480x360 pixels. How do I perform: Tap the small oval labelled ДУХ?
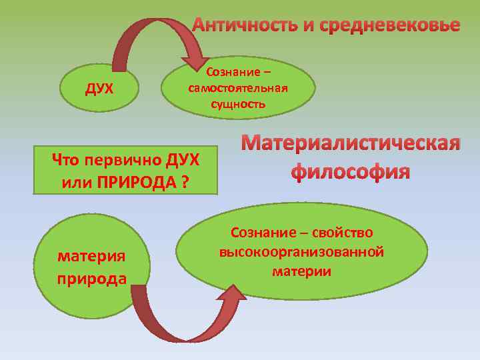click(99, 89)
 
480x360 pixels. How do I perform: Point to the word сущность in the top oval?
click(238, 103)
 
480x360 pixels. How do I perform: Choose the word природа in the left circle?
click(92, 277)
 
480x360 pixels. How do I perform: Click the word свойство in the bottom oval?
click(341, 233)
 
